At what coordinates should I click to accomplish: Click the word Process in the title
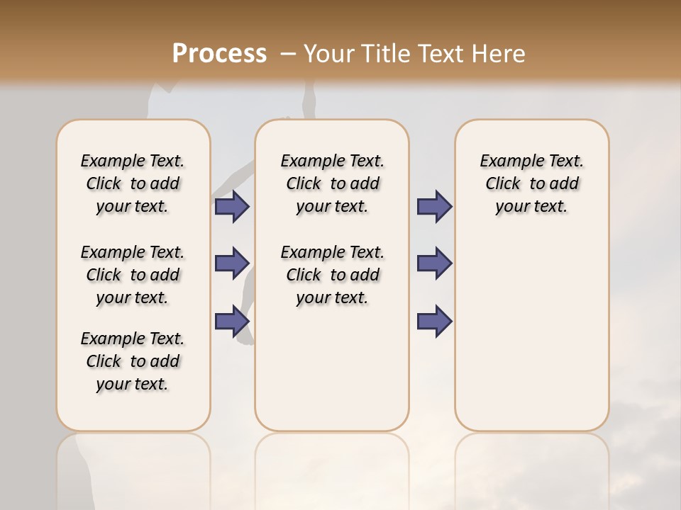click(x=219, y=53)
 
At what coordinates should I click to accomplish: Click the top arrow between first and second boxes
click(x=232, y=206)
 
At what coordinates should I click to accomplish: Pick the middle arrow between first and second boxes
click(x=232, y=263)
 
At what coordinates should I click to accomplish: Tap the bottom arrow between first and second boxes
click(x=232, y=321)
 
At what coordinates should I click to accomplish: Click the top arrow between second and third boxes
click(x=434, y=206)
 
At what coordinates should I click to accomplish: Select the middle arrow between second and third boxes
click(x=434, y=263)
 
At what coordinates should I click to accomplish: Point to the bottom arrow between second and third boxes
click(x=434, y=321)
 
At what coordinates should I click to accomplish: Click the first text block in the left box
click(x=133, y=183)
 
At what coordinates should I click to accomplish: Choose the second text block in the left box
click(x=133, y=275)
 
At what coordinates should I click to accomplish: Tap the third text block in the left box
click(x=133, y=361)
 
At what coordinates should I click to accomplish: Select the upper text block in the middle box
click(x=332, y=183)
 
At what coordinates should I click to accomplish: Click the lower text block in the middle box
click(x=332, y=275)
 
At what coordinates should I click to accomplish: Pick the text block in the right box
click(x=531, y=183)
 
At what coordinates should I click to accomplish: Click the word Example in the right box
click(x=506, y=161)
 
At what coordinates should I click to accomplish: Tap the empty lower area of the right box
click(x=531, y=333)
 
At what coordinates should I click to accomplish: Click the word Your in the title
click(x=329, y=54)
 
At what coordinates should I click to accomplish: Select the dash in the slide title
click(x=288, y=54)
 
